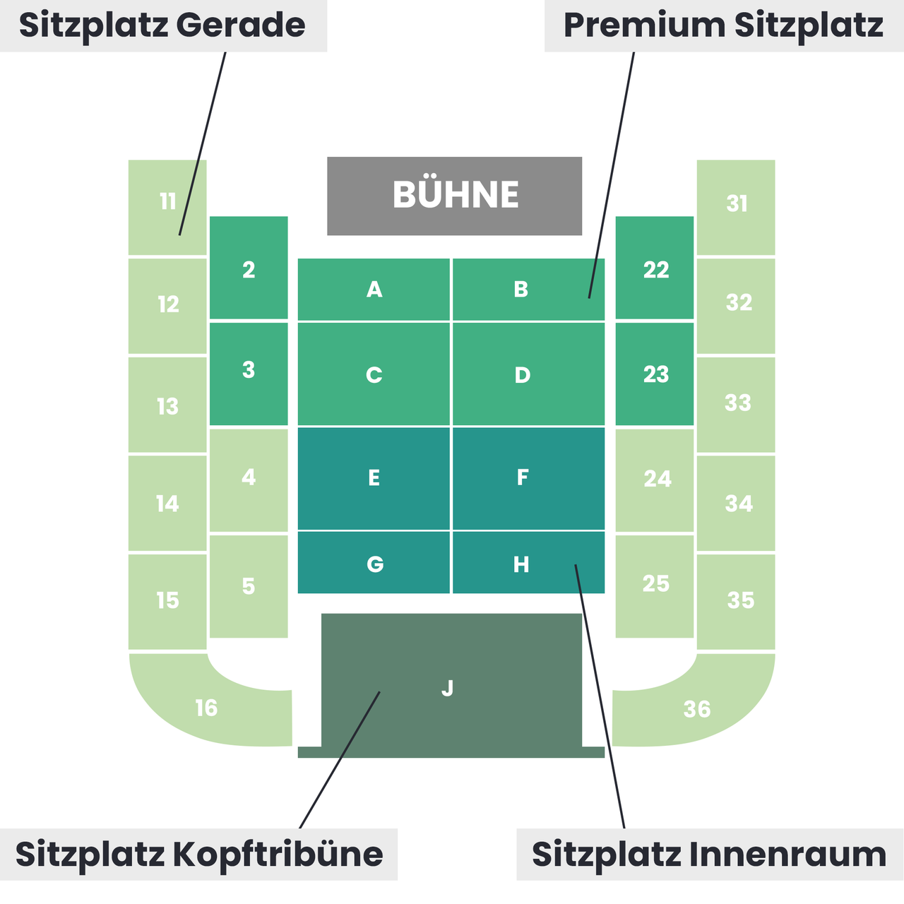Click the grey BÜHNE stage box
(x=454, y=196)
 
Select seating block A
(x=374, y=289)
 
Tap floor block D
(x=528, y=374)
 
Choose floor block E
(x=374, y=478)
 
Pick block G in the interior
(x=374, y=562)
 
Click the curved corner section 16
(x=206, y=708)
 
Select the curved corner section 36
(x=697, y=708)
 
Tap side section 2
(x=249, y=268)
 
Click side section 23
(x=655, y=374)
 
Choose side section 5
(x=249, y=586)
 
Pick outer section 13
(x=167, y=405)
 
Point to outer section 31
(x=736, y=208)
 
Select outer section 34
(x=736, y=503)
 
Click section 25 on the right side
(x=655, y=586)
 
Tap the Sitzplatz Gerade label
(x=162, y=25)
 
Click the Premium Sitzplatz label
(x=724, y=25)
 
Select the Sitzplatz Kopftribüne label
(x=199, y=855)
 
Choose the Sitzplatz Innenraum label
(x=710, y=855)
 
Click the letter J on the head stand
(x=448, y=688)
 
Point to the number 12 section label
(x=168, y=304)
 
